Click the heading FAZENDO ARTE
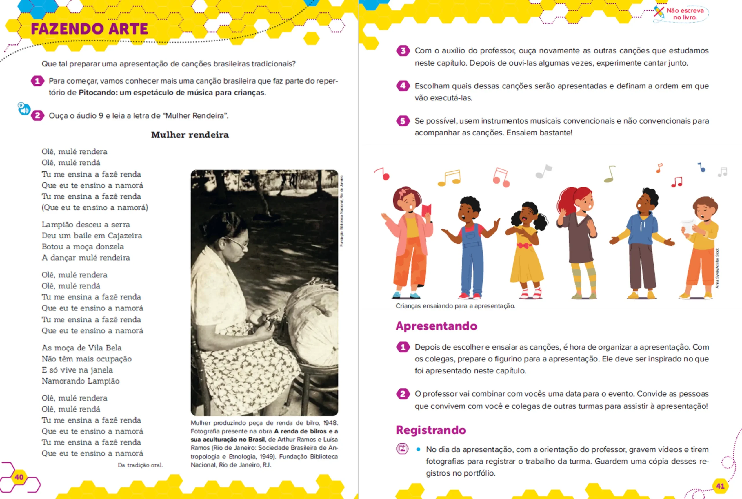coord(89,29)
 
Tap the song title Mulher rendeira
coord(190,135)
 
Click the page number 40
coord(19,477)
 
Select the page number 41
coord(720,486)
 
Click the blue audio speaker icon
coord(24,109)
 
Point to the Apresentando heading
coord(436,326)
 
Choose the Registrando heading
coord(431,430)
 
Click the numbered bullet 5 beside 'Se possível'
coord(403,121)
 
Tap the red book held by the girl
coord(426,210)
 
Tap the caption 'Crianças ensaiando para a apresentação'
coord(455,306)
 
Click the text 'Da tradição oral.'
coord(140,465)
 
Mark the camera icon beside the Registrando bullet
coord(402,449)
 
